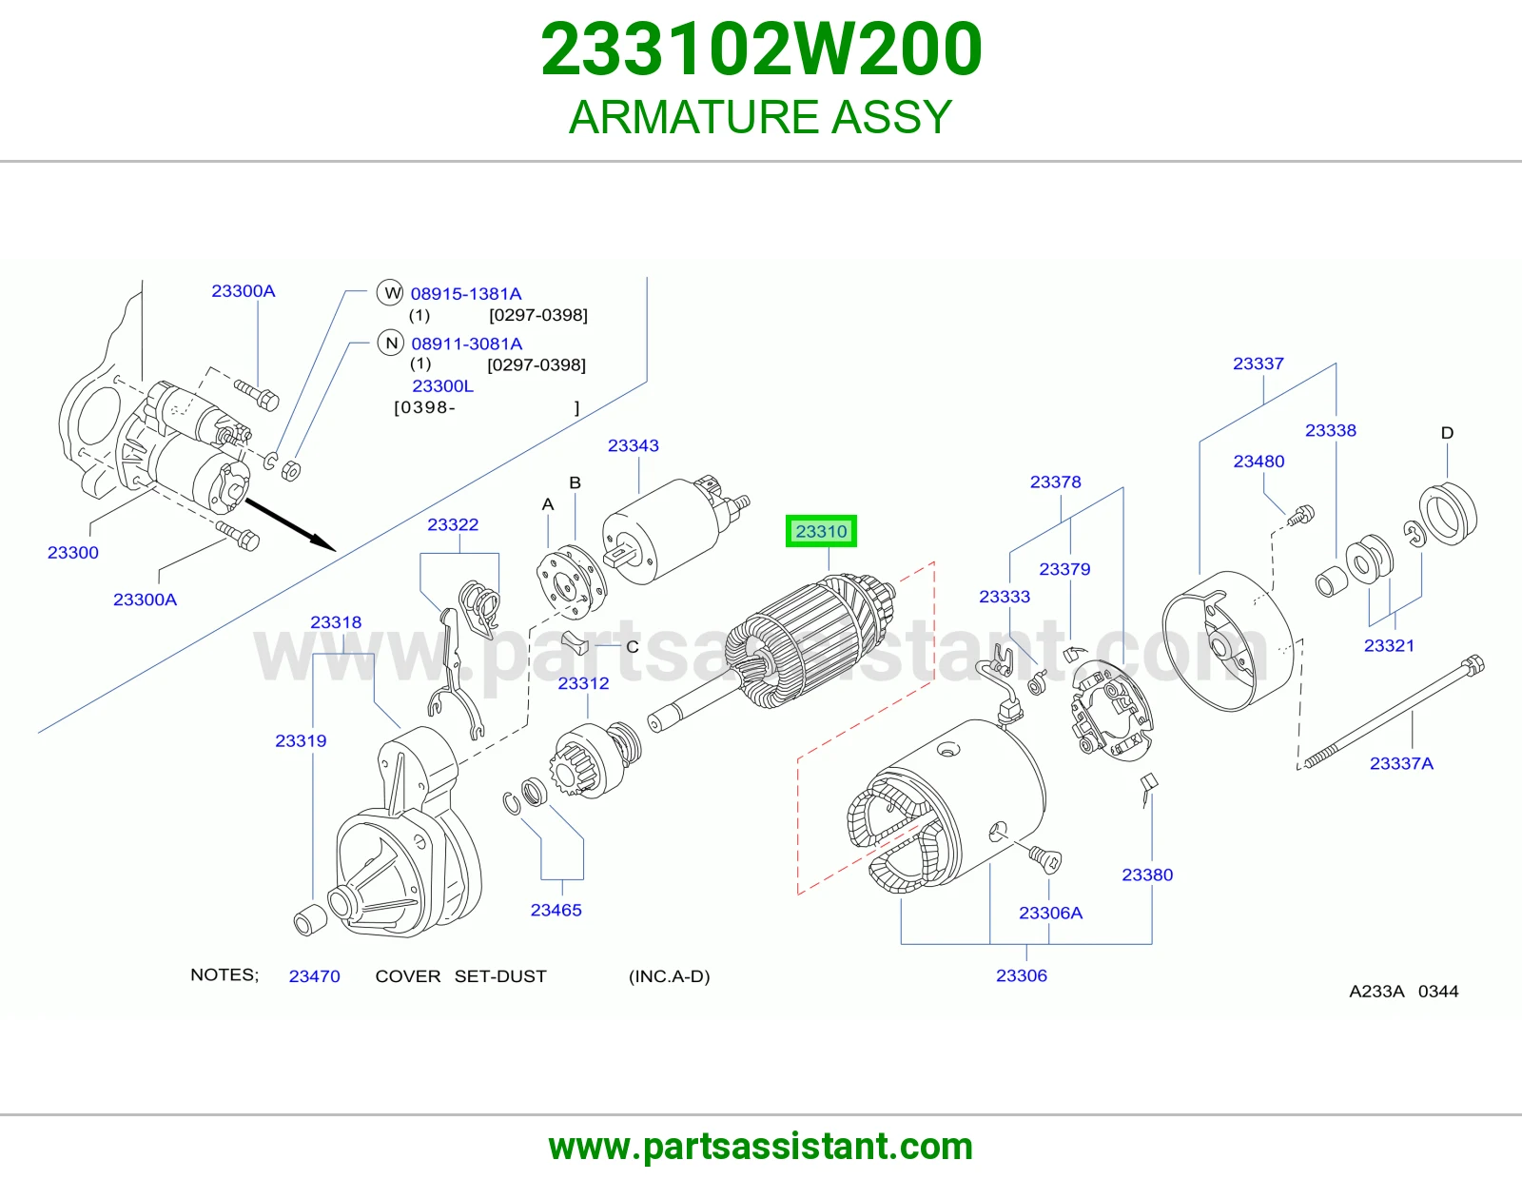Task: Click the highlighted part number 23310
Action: pyautogui.click(x=821, y=531)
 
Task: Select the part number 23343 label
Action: pyautogui.click(x=634, y=445)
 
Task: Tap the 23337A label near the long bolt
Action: pyautogui.click(x=1401, y=763)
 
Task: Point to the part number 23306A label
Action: pyautogui.click(x=1050, y=913)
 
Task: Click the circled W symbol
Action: pyautogui.click(x=390, y=292)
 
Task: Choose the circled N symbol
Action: pyautogui.click(x=391, y=343)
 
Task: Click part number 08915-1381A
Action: pyautogui.click(x=466, y=294)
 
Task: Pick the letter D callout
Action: pyautogui.click(x=1447, y=433)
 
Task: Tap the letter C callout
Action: pyautogui.click(x=633, y=647)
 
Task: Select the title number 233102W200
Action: pyautogui.click(x=761, y=49)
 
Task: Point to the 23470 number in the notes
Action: pyautogui.click(x=315, y=976)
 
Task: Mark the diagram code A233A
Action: pyautogui.click(x=1376, y=991)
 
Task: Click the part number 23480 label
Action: pyautogui.click(x=1259, y=462)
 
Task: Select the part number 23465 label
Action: pyautogui.click(x=556, y=911)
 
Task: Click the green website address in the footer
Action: pyautogui.click(x=761, y=1147)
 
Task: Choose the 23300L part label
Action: pyautogui.click(x=442, y=386)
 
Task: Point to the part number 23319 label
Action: pyautogui.click(x=301, y=740)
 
